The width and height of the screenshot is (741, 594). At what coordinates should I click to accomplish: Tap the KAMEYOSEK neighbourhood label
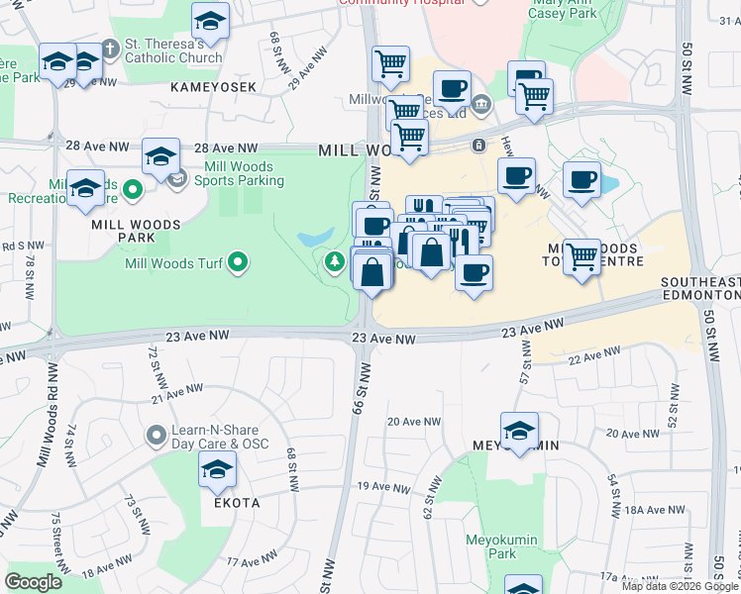(213, 87)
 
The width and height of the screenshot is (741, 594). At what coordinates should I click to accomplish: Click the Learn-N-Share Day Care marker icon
(156, 436)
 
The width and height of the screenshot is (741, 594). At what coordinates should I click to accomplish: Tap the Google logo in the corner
(34, 582)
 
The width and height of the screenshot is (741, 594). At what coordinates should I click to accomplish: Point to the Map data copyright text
(679, 586)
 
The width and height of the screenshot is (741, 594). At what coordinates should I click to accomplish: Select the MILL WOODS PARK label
(136, 231)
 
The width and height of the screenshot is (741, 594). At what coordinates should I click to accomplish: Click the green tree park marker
(335, 261)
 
